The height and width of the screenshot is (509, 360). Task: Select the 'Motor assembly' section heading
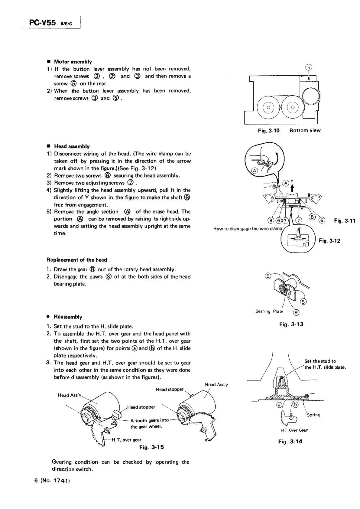73,62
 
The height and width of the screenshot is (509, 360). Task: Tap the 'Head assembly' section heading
72,146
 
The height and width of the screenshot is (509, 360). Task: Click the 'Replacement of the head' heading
77,260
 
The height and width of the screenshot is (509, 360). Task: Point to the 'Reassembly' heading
68,317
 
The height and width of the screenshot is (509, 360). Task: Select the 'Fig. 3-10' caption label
269,131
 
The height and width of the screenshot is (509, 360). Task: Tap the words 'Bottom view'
305,131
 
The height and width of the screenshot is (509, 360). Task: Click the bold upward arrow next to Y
292,188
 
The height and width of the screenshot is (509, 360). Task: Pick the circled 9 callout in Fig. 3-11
271,220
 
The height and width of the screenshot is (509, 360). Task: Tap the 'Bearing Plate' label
269,311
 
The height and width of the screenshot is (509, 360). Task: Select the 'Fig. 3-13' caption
291,325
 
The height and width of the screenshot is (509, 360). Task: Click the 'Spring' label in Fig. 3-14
313,415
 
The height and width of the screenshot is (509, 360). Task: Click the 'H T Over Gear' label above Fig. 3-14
294,430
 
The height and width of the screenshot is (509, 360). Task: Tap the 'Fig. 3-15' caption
151,447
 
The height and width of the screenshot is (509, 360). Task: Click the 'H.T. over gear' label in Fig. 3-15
126,440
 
